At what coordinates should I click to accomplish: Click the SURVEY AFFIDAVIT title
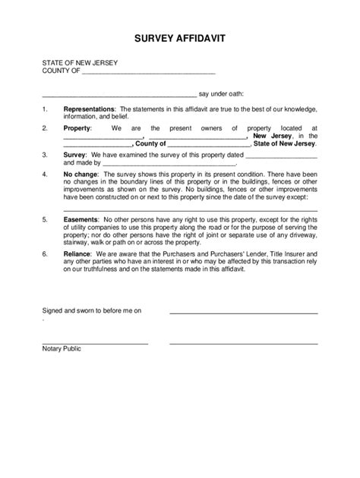coord(180,37)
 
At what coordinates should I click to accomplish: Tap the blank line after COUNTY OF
coord(148,74)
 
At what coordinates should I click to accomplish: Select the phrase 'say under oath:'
coord(221,95)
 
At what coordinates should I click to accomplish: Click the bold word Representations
coord(88,109)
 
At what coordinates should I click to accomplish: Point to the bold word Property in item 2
coord(76,129)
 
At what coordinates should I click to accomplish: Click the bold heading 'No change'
coord(80,174)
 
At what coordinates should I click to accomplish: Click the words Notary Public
coord(62,348)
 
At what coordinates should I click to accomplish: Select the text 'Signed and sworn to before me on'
coord(91,310)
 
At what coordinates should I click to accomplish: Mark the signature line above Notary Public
coord(95,342)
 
